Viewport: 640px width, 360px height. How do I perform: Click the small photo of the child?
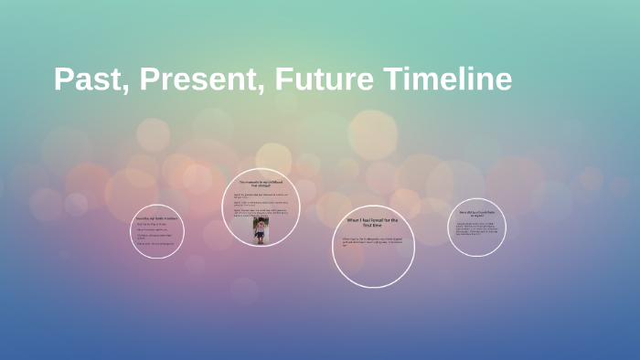(x=262, y=230)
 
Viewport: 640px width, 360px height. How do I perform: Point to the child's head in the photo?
(x=262, y=222)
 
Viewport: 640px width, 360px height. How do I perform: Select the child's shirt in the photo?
(x=262, y=231)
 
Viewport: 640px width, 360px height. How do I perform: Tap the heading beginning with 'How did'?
(x=476, y=214)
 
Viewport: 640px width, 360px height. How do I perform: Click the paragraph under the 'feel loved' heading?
(x=372, y=242)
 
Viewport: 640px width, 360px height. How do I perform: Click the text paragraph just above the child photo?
(x=261, y=211)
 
